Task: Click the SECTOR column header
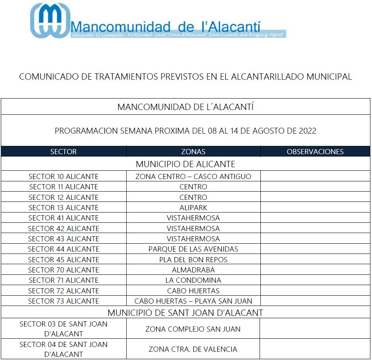pyautogui.click(x=64, y=152)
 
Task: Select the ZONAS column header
pyautogui.click(x=193, y=152)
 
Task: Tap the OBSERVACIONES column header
pyautogui.click(x=315, y=152)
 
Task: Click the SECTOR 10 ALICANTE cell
pyautogui.click(x=64, y=176)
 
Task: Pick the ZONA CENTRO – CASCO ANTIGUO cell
pyautogui.click(x=193, y=176)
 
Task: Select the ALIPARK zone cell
pyautogui.click(x=193, y=207)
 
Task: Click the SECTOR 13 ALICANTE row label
pyautogui.click(x=64, y=207)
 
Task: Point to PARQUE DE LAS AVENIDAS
pyautogui.click(x=193, y=249)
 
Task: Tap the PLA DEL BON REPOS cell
pyautogui.click(x=193, y=259)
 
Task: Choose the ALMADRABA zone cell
pyautogui.click(x=193, y=270)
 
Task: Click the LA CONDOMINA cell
pyautogui.click(x=193, y=280)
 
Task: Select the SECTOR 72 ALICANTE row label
pyautogui.click(x=64, y=291)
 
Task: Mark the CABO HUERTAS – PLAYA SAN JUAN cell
pyautogui.click(x=193, y=301)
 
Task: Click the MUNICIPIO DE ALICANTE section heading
pyautogui.click(x=185, y=164)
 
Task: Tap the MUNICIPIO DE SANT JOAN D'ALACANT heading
pyautogui.click(x=185, y=313)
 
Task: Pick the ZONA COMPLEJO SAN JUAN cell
pyautogui.click(x=193, y=329)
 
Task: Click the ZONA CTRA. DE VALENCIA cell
pyautogui.click(x=193, y=349)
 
